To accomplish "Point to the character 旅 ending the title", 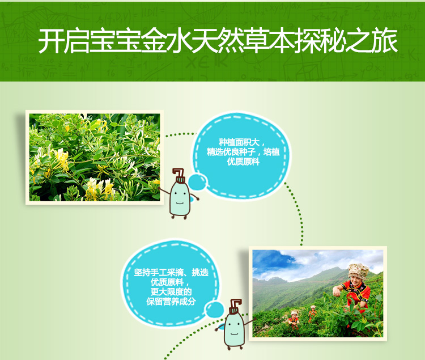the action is coord(384,41).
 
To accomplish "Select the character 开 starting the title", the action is coord(51,41).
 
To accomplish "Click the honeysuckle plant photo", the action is coord(95,157).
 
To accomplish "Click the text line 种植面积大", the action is coord(239,142).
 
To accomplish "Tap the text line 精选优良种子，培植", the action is coord(243,152).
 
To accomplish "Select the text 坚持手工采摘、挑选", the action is coord(171,273).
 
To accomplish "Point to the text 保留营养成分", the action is coord(171,301).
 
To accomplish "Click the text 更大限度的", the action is coord(171,292).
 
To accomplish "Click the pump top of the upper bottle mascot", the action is coord(178,175).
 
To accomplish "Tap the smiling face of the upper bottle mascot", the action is coord(179,198).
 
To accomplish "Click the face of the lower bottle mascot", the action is coord(234,329).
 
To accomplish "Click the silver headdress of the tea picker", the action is coord(358,270).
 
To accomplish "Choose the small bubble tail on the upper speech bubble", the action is coord(197,182).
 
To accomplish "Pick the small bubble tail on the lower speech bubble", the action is coord(214,310).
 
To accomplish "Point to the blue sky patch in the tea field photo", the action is coord(271,260).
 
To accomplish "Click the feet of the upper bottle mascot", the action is coord(179,217).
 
